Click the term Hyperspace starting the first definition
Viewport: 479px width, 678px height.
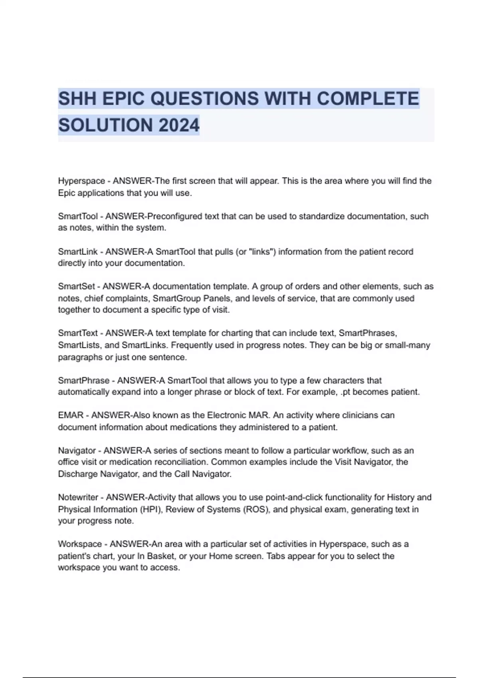tap(81, 181)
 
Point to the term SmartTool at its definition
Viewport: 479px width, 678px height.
tap(78, 216)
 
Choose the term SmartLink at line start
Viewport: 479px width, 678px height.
tap(78, 252)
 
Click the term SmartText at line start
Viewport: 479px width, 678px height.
tap(78, 333)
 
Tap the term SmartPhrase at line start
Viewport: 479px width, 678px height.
tap(83, 380)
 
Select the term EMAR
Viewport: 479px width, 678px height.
tap(71, 415)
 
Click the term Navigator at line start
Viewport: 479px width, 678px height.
tap(77, 451)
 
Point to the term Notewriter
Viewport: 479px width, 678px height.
tap(78, 497)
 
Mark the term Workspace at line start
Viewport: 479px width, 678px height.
tap(80, 544)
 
